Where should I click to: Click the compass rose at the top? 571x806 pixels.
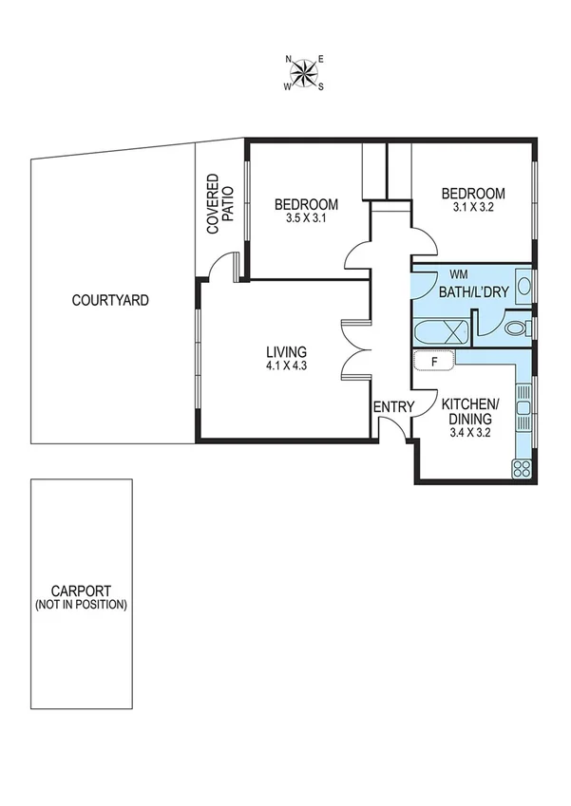305,72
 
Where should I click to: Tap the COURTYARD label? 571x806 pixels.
111,301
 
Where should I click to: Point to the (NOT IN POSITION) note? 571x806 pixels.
80,605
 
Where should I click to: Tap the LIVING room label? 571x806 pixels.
286,352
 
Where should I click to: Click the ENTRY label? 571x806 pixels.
393,407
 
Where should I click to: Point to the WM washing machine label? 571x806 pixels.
459,274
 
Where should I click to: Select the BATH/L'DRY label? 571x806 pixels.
472,292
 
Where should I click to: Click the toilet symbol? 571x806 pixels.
517,328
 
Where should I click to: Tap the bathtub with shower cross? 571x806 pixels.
442,331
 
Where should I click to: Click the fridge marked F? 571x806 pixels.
434,360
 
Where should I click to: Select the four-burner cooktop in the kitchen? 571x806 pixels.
522,467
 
